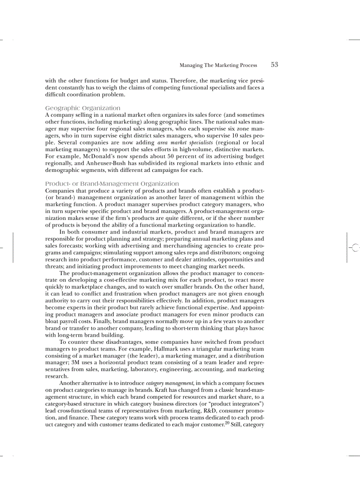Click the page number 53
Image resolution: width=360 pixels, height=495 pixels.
click(x=274, y=65)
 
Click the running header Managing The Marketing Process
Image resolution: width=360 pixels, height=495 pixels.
click(x=218, y=65)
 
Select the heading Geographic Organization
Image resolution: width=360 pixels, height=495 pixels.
click(x=83, y=108)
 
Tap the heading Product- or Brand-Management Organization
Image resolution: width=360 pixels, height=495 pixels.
click(x=112, y=183)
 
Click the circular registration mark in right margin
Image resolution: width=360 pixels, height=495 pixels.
click(x=355, y=248)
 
